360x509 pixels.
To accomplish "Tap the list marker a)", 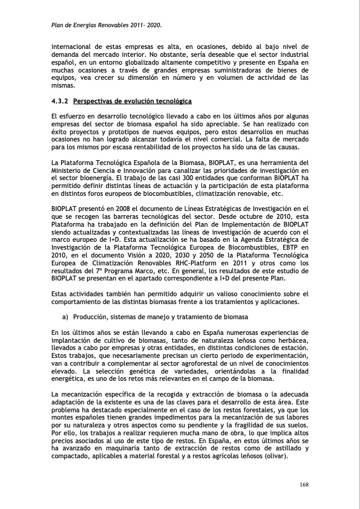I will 65,317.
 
